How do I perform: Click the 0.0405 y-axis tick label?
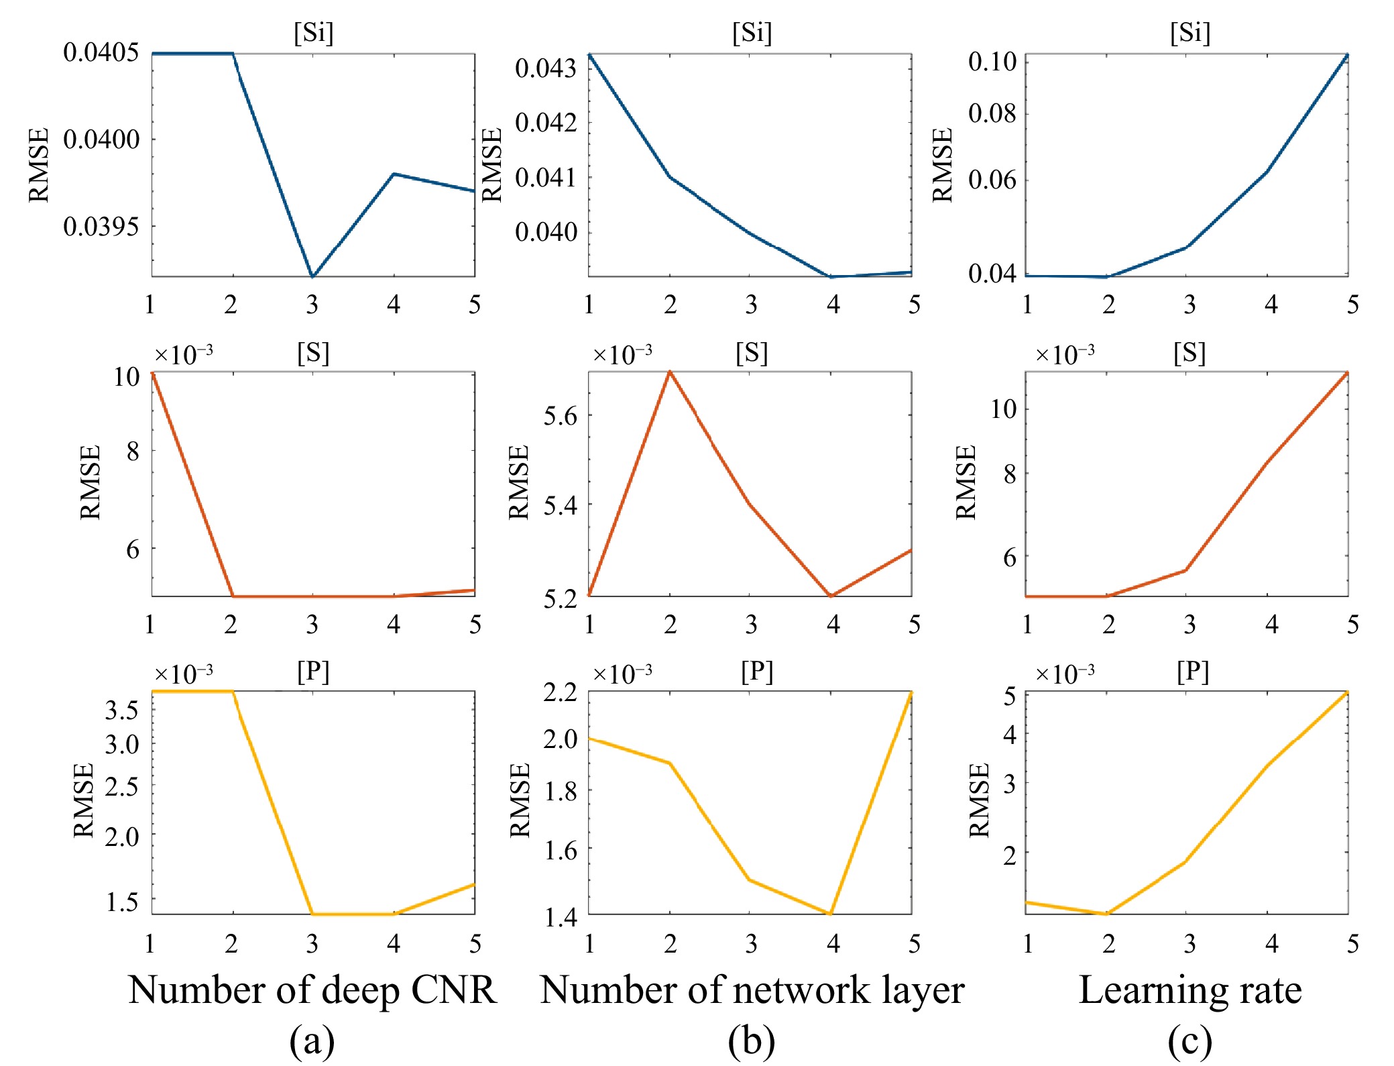click(101, 52)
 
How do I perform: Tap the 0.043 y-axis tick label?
click(545, 68)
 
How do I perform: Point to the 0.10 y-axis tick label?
click(992, 62)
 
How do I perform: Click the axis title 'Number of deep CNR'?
click(312, 990)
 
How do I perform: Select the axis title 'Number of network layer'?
click(752, 990)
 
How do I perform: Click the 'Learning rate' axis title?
click(1189, 990)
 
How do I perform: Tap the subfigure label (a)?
click(312, 1042)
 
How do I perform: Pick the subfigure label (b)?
click(751, 1042)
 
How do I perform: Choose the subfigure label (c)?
click(1189, 1042)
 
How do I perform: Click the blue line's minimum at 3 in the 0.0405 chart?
click(312, 276)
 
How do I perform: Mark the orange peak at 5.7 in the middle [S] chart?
click(670, 372)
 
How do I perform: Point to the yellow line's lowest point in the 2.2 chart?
click(831, 914)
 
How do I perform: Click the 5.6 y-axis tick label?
click(560, 417)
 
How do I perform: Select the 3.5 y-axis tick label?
click(121, 710)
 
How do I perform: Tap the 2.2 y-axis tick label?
click(560, 692)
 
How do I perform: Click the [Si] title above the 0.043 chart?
click(752, 32)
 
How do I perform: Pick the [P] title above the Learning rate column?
click(1192, 672)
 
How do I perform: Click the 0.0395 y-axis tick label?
click(101, 227)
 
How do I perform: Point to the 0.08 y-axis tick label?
click(992, 113)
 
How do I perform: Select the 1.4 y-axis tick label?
click(560, 917)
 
